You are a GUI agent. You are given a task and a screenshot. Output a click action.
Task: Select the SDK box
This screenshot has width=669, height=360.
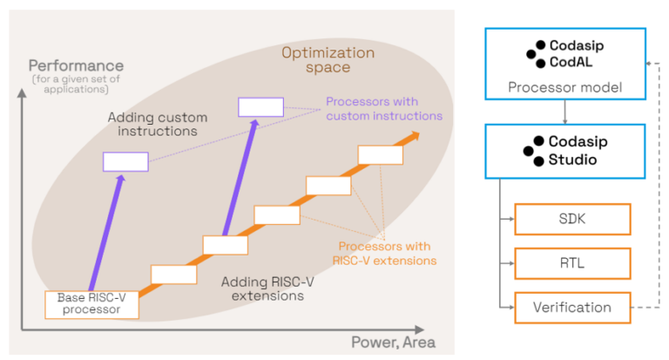click(x=571, y=220)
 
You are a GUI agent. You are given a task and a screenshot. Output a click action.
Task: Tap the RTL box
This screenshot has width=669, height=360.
click(x=571, y=263)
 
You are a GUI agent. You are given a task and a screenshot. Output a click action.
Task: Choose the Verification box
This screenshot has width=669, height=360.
click(x=571, y=307)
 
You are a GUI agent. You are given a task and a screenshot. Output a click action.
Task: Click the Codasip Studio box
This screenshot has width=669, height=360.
click(x=564, y=151)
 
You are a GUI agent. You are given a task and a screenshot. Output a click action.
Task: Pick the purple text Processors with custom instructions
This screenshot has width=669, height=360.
click(x=384, y=108)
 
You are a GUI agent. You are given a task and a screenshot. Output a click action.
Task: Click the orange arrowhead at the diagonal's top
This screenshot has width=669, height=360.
click(x=412, y=137)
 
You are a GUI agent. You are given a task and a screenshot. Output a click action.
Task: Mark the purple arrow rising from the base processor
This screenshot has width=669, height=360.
click(x=105, y=231)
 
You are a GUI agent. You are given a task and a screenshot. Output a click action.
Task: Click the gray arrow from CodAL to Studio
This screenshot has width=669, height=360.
click(x=564, y=112)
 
